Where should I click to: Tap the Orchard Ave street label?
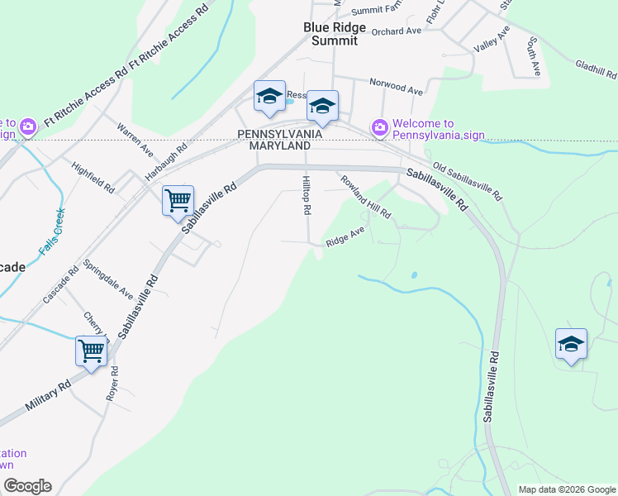pos(397,31)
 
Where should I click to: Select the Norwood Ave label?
pos(396,85)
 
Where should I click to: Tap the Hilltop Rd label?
pos(306,195)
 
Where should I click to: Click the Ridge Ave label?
pos(345,238)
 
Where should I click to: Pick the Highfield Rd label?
pos(93,178)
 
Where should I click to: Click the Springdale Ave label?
pos(108,279)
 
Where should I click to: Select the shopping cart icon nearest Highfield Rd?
pos(178,199)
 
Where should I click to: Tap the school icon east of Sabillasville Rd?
pos(571,343)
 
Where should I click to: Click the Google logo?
pos(26,486)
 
